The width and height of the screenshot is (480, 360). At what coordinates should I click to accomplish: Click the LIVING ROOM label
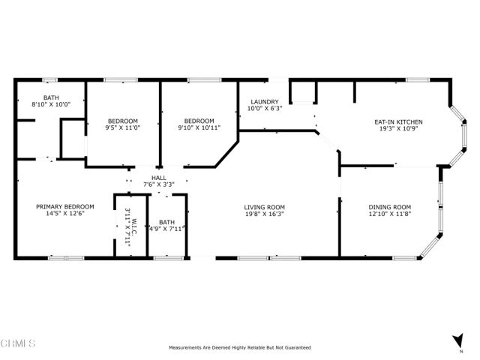click(x=264, y=207)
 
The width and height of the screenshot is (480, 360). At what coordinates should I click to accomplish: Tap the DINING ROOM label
click(x=389, y=207)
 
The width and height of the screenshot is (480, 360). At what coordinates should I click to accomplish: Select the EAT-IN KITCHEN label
click(x=398, y=121)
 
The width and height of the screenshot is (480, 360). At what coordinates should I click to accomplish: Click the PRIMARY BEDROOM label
click(x=65, y=206)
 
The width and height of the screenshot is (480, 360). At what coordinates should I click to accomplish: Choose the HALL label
click(x=158, y=177)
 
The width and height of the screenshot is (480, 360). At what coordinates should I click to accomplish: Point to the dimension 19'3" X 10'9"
click(x=398, y=128)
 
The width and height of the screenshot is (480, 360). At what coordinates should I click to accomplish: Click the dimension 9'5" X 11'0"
click(x=122, y=128)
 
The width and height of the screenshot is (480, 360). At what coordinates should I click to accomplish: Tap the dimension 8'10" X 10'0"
click(x=51, y=104)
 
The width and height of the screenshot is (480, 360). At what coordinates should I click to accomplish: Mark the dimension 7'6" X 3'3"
click(x=158, y=184)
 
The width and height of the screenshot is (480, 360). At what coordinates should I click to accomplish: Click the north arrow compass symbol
click(x=457, y=340)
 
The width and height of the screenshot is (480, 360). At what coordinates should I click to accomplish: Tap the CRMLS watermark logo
click(x=18, y=344)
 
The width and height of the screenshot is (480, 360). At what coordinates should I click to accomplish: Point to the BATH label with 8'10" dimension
click(x=51, y=97)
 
